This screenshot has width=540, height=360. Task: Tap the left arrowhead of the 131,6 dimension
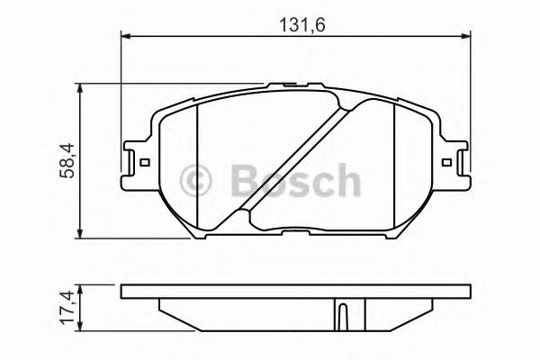click(x=126, y=36)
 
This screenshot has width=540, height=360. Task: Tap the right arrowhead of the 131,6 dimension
click(x=466, y=36)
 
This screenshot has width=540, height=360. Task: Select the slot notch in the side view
click(x=343, y=314)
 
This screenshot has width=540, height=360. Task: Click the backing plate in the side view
click(x=297, y=292)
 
